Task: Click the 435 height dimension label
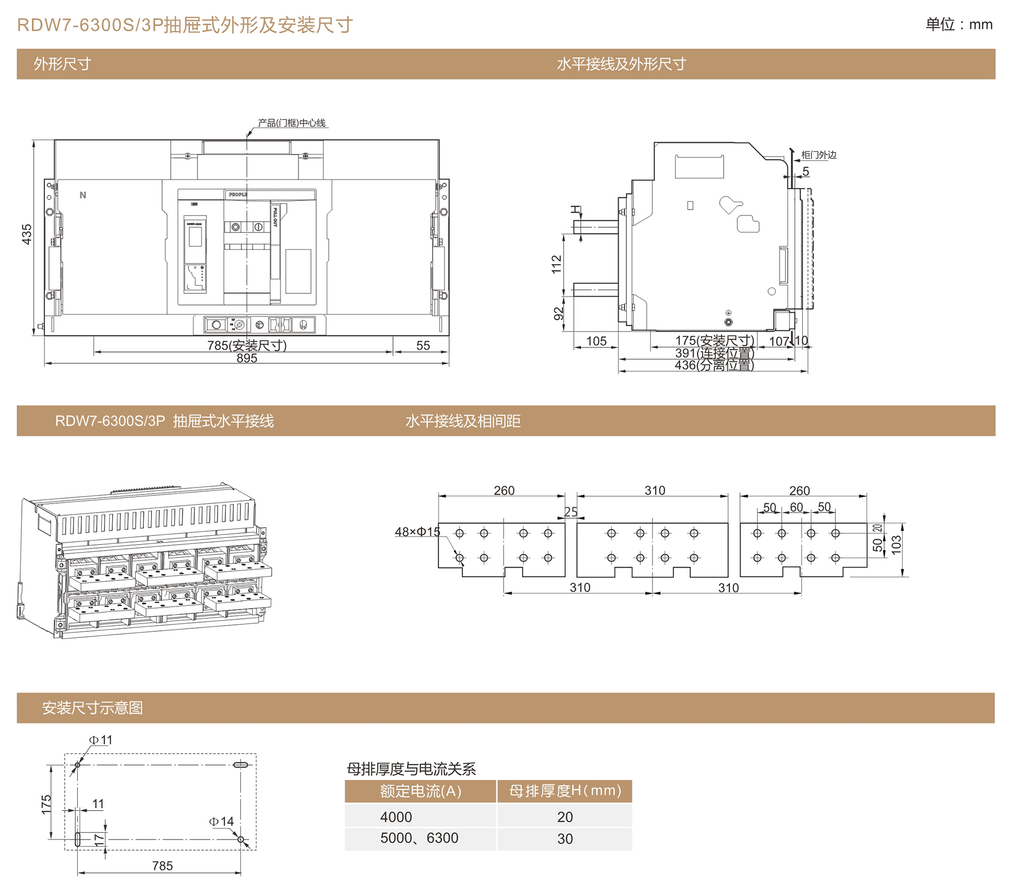pos(27,234)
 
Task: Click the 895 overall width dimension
pos(247,358)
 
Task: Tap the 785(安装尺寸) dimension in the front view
pos(247,345)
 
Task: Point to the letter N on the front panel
pos(83,195)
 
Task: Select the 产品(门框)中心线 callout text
pos(291,123)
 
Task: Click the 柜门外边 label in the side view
pos(819,155)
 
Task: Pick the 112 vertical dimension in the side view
pos(557,264)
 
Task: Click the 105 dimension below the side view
pos(596,341)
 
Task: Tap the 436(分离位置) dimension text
pos(714,365)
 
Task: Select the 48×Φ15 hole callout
pos(417,532)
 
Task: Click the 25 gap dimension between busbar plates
pos(571,512)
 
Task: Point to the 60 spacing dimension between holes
pos(796,507)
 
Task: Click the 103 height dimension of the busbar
pos(896,545)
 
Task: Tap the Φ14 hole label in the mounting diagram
pos(221,822)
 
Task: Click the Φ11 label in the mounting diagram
pos(100,740)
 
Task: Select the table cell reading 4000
pos(396,817)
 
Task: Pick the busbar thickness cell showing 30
pos(565,839)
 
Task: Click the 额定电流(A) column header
pos(421,791)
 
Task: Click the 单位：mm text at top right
pos(958,24)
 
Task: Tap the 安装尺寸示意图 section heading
pos(92,708)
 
